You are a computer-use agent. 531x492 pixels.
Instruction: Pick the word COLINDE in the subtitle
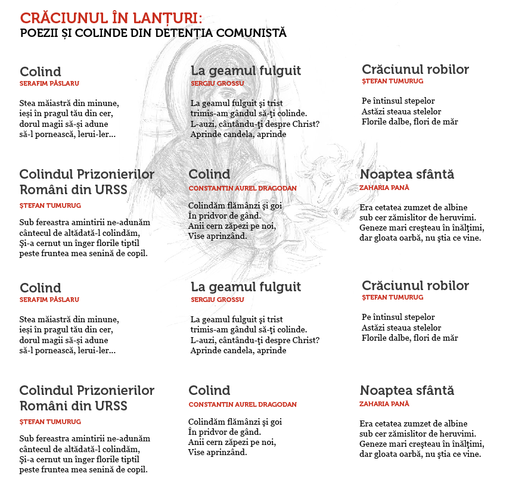point(101,33)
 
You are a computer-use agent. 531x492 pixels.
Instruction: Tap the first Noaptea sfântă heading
point(407,174)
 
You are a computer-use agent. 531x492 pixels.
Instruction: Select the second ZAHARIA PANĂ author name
point(384,404)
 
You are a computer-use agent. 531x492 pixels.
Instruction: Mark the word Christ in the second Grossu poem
point(306,340)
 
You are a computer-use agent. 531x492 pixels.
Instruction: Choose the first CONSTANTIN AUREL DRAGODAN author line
point(242,188)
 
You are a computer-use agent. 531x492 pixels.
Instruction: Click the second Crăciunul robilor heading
point(415,285)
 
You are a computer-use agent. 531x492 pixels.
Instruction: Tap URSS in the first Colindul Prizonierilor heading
point(111,190)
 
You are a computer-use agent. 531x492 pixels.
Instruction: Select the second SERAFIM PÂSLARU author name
point(49,300)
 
